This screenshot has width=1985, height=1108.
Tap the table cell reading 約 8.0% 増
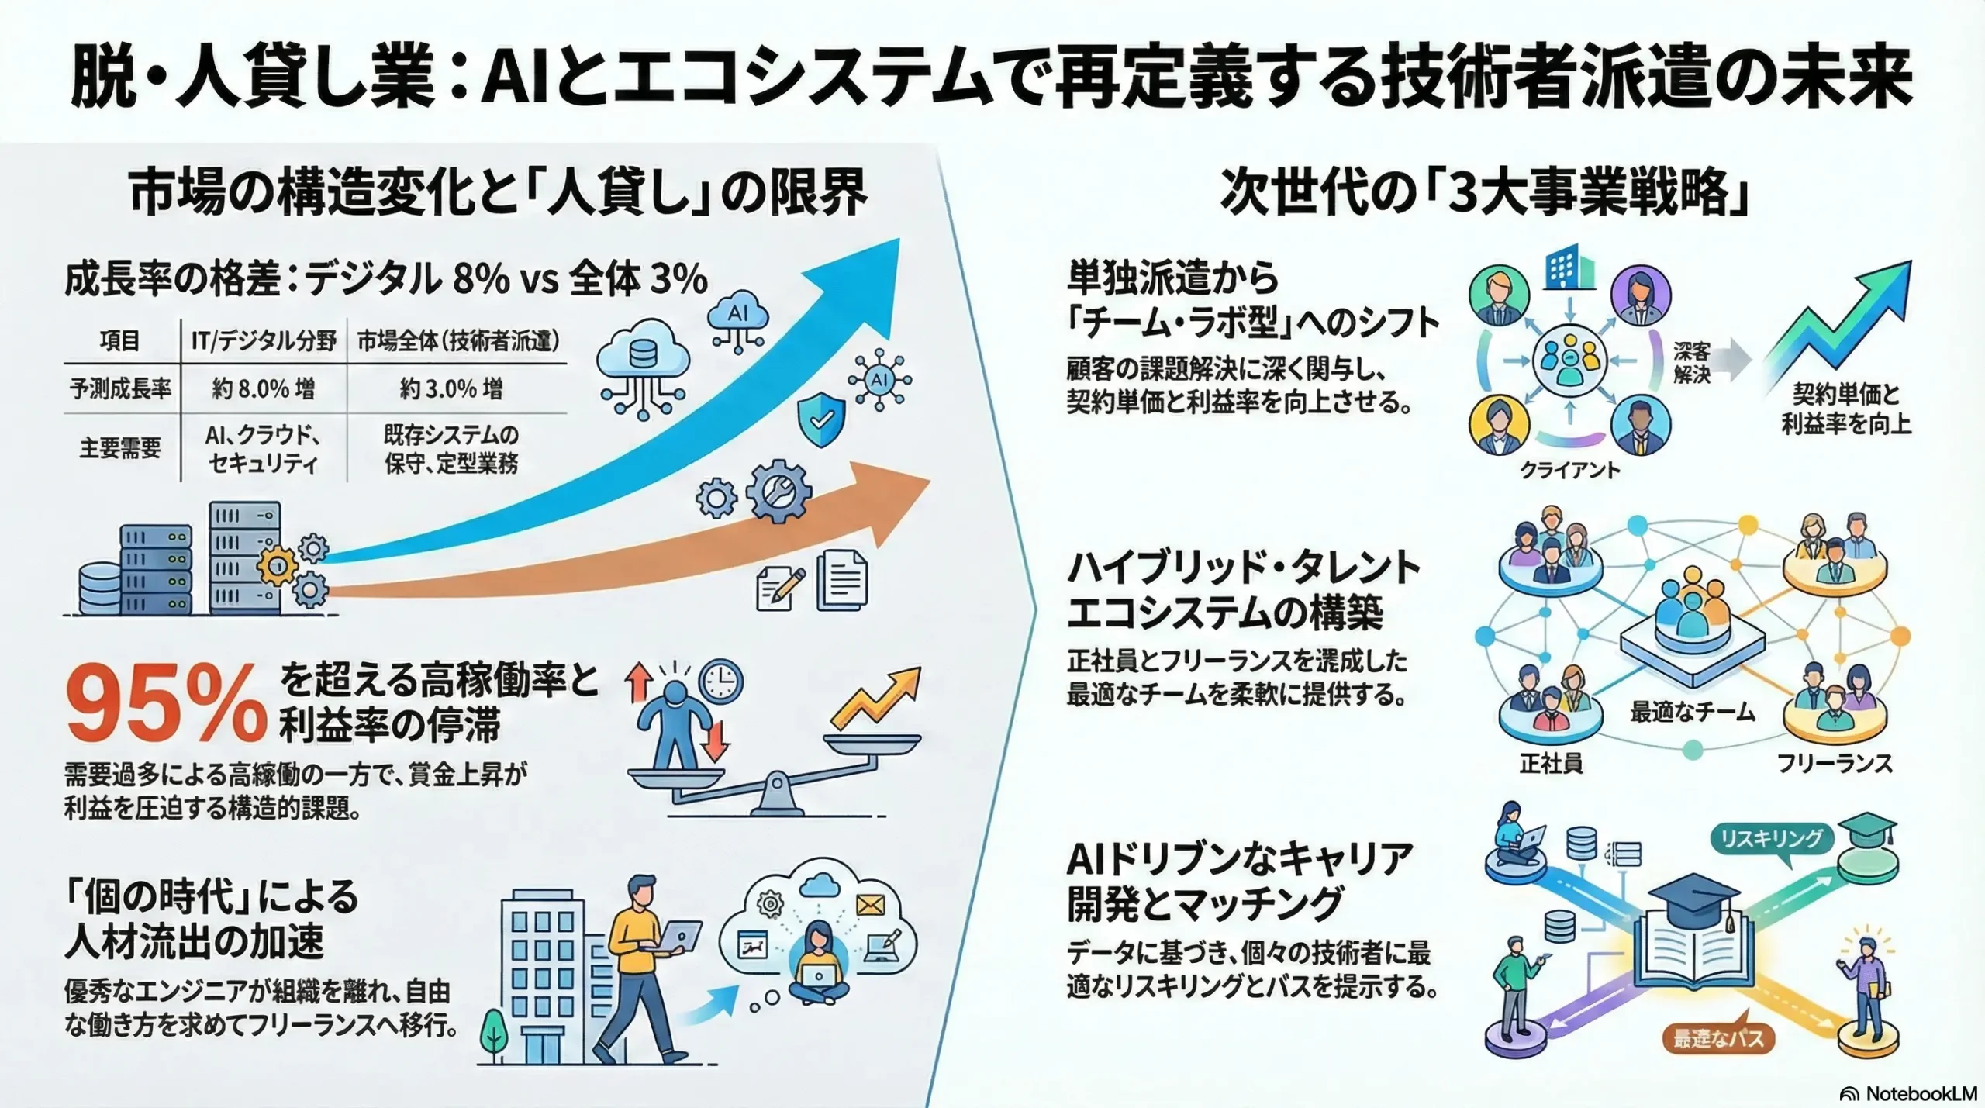click(x=264, y=388)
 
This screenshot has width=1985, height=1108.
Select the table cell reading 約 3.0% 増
click(x=451, y=388)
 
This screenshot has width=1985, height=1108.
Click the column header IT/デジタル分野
click(x=264, y=340)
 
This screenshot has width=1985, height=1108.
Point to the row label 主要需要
click(x=120, y=448)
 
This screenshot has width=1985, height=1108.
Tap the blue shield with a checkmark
click(x=821, y=419)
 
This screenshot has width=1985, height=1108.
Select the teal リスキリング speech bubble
click(x=1771, y=840)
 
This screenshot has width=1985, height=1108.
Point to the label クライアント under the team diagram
click(x=1569, y=470)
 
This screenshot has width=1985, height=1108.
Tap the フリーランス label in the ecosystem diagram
click(x=1835, y=764)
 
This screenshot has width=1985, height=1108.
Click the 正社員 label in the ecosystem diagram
click(x=1550, y=764)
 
